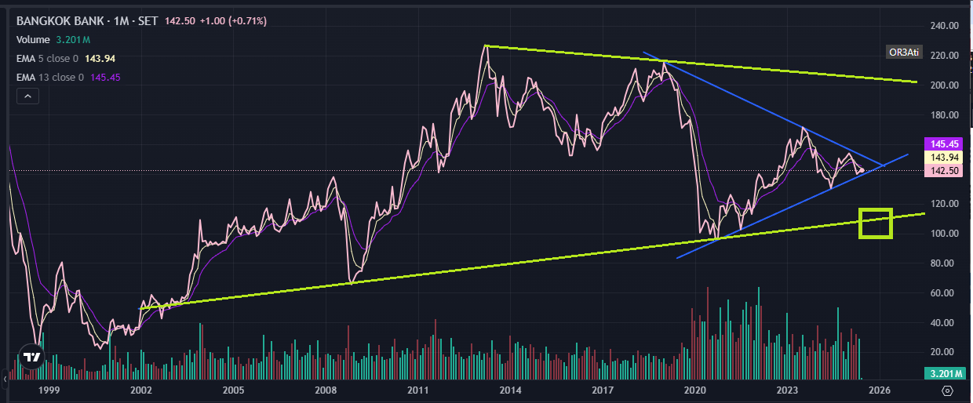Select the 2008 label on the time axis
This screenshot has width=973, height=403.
tap(326, 390)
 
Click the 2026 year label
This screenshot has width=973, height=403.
tap(880, 390)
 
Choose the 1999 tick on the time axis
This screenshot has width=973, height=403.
tap(49, 390)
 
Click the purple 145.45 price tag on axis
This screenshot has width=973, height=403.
tap(944, 144)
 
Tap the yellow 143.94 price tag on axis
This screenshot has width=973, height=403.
tap(944, 158)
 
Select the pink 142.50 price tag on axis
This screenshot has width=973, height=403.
tap(944, 171)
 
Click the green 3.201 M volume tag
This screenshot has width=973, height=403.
tap(944, 373)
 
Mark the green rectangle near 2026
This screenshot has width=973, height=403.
tap(876, 223)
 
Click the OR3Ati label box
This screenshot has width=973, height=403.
tap(902, 53)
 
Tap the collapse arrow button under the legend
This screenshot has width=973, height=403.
tap(27, 96)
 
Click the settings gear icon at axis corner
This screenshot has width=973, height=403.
tap(947, 390)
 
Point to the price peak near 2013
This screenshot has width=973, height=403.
tap(486, 46)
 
